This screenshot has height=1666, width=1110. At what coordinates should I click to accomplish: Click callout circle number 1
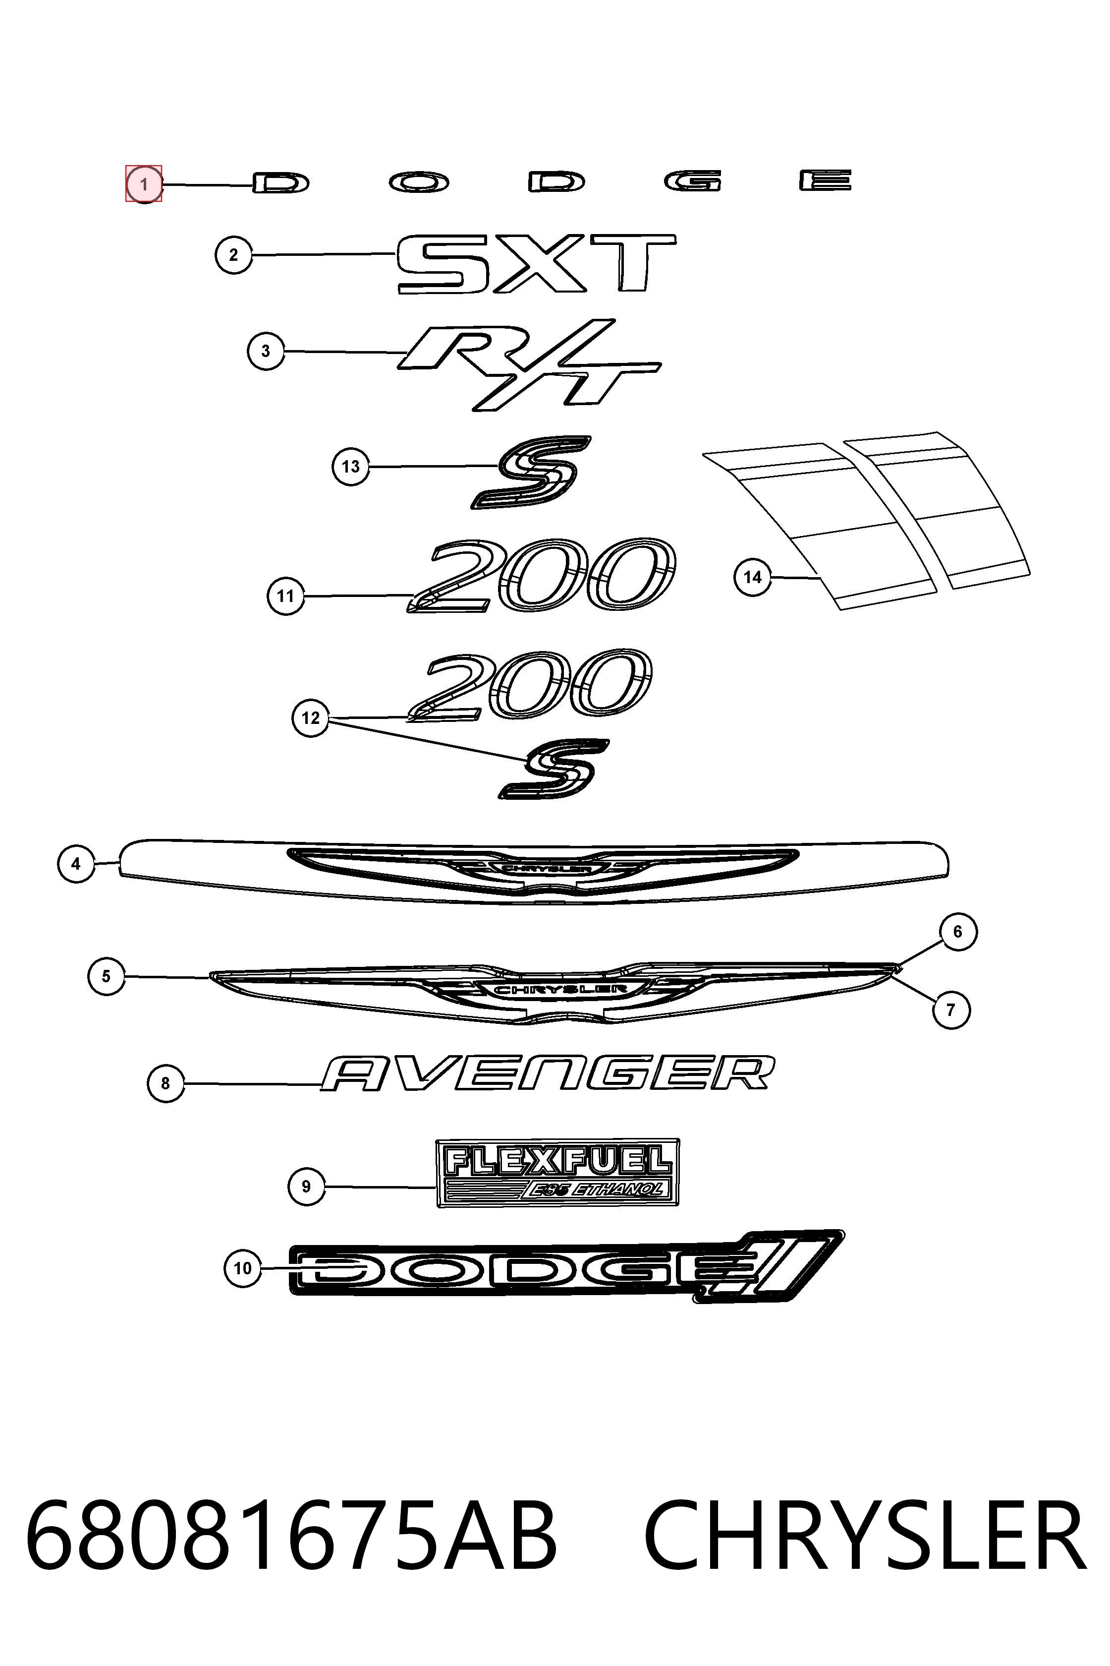(x=144, y=184)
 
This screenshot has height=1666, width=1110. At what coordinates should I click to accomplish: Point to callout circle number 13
(x=350, y=467)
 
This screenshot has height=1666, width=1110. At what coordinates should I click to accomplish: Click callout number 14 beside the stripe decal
(x=753, y=577)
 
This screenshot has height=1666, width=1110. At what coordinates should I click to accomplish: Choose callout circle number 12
(x=311, y=718)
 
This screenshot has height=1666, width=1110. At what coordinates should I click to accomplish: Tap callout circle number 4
(x=76, y=864)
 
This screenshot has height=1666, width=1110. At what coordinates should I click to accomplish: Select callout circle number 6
(x=958, y=932)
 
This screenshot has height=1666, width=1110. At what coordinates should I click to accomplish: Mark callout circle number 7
(x=951, y=1010)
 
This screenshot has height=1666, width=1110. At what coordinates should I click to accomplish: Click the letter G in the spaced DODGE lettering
(x=693, y=181)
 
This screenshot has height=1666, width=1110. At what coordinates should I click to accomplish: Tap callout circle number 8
(x=166, y=1083)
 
